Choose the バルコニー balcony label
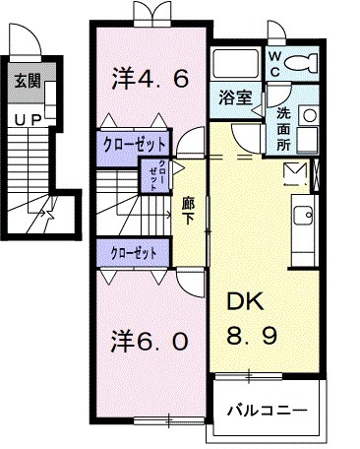(268, 409)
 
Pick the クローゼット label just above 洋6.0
(135, 252)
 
